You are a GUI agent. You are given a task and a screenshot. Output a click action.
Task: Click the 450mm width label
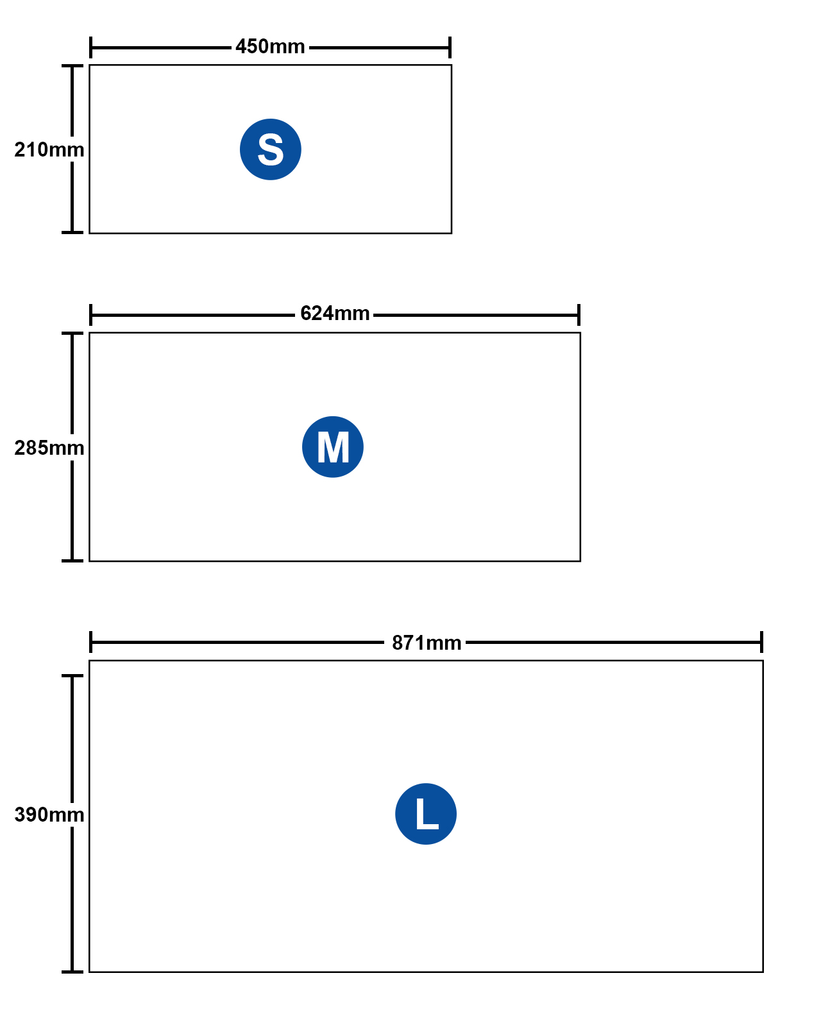(270, 47)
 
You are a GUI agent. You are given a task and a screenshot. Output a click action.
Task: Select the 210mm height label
(49, 149)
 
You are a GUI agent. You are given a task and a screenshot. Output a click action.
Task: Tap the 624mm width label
(335, 314)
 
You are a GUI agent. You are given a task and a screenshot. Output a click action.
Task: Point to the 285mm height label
(49, 448)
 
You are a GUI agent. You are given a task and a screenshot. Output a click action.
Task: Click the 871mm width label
(427, 643)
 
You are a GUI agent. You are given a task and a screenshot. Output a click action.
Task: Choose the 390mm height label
(49, 815)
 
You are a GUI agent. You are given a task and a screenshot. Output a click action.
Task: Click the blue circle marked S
(271, 149)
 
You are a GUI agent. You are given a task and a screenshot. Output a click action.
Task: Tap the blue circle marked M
(333, 447)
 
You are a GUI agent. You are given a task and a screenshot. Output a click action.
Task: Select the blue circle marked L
(426, 814)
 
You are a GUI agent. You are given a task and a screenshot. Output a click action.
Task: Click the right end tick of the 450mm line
(450, 47)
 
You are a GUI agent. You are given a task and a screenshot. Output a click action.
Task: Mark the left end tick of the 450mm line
(91, 47)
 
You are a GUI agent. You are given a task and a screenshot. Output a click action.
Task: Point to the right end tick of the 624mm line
(579, 315)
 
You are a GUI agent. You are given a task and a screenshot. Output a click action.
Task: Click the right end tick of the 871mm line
(761, 642)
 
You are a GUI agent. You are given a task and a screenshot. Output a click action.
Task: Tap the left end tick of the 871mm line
(91, 642)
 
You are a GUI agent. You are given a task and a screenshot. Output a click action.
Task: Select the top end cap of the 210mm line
(72, 66)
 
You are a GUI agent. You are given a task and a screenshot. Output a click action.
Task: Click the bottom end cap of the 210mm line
(72, 232)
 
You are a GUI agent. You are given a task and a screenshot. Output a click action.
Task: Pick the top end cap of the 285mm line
(72, 334)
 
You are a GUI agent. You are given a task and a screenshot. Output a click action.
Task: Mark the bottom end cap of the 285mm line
(72, 561)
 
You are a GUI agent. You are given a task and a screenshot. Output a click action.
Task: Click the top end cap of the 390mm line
(72, 676)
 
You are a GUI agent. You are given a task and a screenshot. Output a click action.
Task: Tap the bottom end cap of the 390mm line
(72, 972)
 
